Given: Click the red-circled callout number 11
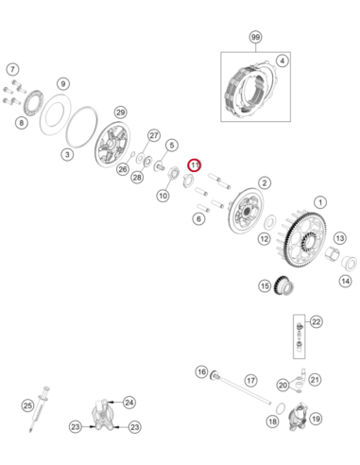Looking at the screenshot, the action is pyautogui.click(x=194, y=165).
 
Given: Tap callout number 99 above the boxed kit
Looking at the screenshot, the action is pyautogui.click(x=255, y=37).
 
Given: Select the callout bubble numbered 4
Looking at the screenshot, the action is pyautogui.click(x=282, y=60).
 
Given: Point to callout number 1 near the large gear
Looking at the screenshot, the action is pyautogui.click(x=320, y=202).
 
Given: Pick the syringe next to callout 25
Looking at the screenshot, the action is pyautogui.click(x=40, y=408).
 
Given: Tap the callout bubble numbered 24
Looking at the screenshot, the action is pyautogui.click(x=129, y=403).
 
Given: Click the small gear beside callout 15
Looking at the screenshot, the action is pyautogui.click(x=284, y=285).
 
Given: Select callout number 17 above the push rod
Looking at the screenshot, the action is pyautogui.click(x=250, y=380).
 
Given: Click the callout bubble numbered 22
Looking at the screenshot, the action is pyautogui.click(x=316, y=322).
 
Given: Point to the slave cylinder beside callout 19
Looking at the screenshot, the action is pyautogui.click(x=299, y=416).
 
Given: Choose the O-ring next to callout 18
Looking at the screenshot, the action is pyautogui.click(x=281, y=408).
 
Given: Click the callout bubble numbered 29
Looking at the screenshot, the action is pyautogui.click(x=121, y=112).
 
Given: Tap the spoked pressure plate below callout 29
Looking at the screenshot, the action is pyautogui.click(x=112, y=145).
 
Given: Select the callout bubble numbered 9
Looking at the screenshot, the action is pyautogui.click(x=63, y=84).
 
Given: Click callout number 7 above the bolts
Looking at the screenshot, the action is pyautogui.click(x=12, y=69).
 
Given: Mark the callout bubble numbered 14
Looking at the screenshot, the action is pyautogui.click(x=345, y=281).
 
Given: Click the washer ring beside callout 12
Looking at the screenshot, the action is pyautogui.click(x=270, y=223).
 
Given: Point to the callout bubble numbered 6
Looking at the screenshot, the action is pyautogui.click(x=198, y=218).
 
